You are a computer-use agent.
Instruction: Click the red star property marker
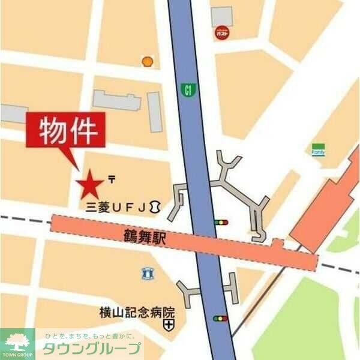coord(91,184)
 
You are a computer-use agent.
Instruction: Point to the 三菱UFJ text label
coord(116,208)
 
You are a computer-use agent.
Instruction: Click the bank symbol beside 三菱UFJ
coord(155,207)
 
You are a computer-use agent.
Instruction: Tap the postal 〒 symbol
coord(112,178)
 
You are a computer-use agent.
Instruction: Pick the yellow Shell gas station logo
coord(147,61)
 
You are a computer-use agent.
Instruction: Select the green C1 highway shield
coord(189,91)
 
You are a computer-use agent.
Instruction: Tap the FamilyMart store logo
coord(318,150)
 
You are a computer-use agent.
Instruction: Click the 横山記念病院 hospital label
coord(137,312)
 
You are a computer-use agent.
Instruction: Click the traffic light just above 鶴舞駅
coord(221,223)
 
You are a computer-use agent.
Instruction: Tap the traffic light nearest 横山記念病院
coord(221,318)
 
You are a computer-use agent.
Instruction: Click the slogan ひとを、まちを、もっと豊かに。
coord(90,336)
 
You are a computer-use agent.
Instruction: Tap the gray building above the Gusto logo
coord(221,16)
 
